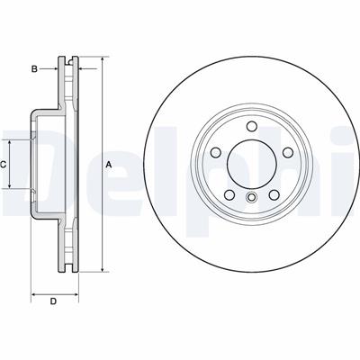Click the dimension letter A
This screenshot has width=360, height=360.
(109, 165)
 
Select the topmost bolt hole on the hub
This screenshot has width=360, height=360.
(250, 127)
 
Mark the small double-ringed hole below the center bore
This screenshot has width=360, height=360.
(250, 195)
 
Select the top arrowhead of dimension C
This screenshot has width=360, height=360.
(11, 142)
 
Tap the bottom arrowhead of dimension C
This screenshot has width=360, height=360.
(11, 187)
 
